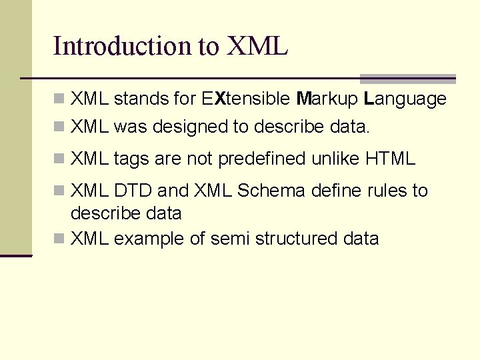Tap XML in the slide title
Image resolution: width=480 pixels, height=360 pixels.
click(x=257, y=46)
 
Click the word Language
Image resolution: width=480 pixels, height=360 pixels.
click(x=405, y=100)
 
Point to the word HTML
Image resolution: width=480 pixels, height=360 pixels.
click(x=390, y=159)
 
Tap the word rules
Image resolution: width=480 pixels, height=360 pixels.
click(x=386, y=191)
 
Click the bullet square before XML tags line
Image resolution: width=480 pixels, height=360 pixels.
click(x=59, y=159)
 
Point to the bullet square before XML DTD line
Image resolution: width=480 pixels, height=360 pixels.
click(x=59, y=191)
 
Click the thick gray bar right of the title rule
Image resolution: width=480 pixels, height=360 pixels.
click(x=407, y=79)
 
